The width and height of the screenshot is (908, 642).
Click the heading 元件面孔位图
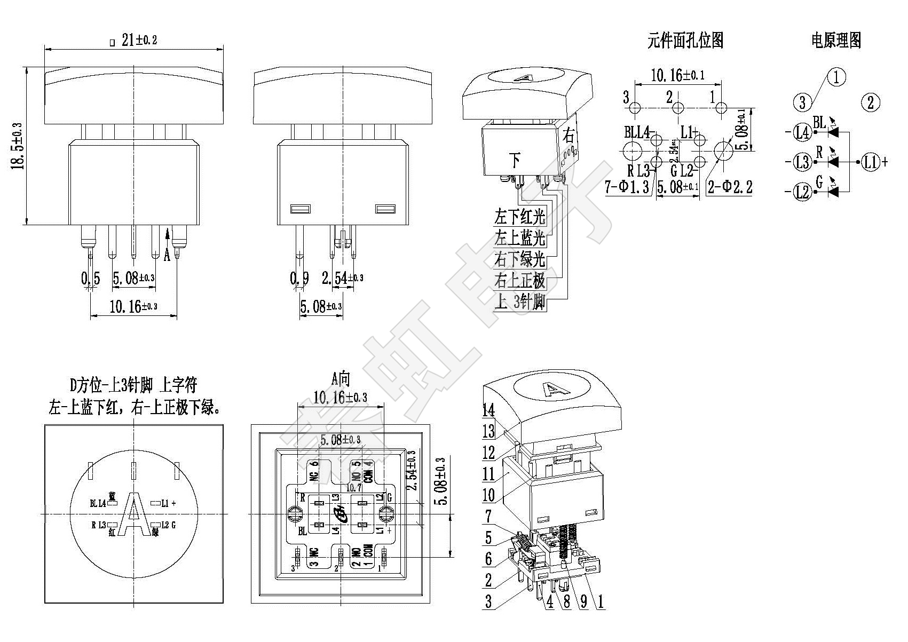tap(685, 41)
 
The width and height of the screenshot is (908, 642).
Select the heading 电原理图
tap(836, 41)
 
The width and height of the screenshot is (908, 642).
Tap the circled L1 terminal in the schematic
tap(870, 161)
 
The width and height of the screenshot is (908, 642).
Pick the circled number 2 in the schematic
tap(870, 102)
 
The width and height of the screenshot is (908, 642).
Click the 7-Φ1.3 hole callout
tap(627, 187)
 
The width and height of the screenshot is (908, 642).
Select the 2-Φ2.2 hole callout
tap(730, 187)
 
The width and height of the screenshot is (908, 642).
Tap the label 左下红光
tap(519, 217)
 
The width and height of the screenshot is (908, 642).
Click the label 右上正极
tap(519, 281)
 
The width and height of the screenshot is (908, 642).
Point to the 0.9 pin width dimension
tap(299, 278)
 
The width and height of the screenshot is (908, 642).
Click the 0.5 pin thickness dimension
tap(90, 278)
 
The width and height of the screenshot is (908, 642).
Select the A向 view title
tap(340, 379)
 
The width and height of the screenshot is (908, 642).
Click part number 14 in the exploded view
tap(488, 410)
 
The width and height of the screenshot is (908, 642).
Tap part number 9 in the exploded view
tap(583, 601)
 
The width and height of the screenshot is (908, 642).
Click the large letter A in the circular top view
tap(133, 513)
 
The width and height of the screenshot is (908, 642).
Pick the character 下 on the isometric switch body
tap(515, 159)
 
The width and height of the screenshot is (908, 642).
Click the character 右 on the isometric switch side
tap(569, 136)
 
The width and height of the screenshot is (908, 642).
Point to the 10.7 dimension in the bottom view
tap(354, 487)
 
